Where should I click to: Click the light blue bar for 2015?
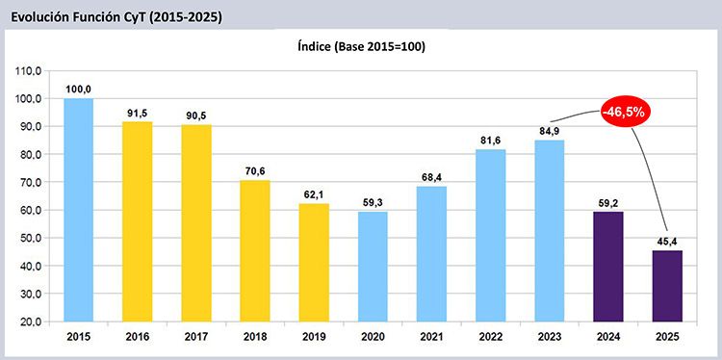point(78,210)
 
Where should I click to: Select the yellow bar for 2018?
point(255,251)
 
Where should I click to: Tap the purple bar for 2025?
point(667,286)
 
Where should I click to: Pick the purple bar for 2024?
point(608,267)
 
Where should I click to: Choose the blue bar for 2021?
point(431,254)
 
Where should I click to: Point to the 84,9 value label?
point(550,132)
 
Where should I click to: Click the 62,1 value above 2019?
point(314,195)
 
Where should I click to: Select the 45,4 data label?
point(668,243)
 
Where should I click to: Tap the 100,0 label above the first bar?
point(78,90)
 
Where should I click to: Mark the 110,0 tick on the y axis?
point(30,71)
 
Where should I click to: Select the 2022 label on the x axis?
point(490,338)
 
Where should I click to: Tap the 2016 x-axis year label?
point(138,338)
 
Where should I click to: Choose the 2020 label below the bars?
point(373,338)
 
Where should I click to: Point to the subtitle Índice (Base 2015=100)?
point(360,47)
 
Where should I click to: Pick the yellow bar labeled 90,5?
point(196,223)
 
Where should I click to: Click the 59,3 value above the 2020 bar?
point(373,204)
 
